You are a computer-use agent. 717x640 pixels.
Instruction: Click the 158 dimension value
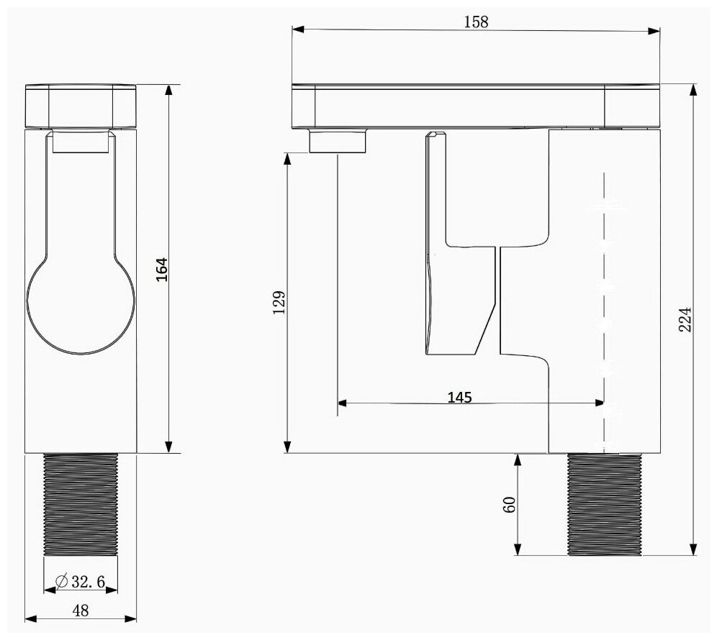coord(476,22)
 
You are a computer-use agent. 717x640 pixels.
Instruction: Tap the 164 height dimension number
coord(162,270)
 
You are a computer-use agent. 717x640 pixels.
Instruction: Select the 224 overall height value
coord(685,319)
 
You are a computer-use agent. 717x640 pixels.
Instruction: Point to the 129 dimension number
coord(279,302)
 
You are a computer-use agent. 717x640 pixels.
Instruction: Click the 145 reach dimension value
coord(459,398)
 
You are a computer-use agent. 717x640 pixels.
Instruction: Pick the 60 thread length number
coord(509,504)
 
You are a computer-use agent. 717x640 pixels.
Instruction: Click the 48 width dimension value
coord(81,611)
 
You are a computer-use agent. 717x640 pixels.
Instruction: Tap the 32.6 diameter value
coord(89,582)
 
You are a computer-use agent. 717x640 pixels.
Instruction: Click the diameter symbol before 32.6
coord(62,581)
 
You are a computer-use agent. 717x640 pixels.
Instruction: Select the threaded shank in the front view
coord(81,504)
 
